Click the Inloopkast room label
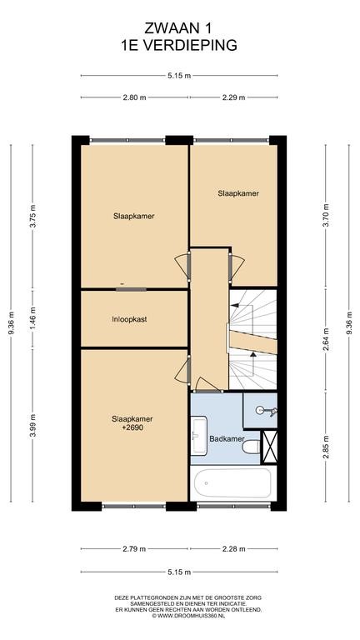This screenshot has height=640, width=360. click(129, 320)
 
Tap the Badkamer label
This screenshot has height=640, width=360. click(227, 439)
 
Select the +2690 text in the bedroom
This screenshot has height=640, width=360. click(132, 428)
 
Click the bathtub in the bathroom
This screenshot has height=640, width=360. click(233, 482)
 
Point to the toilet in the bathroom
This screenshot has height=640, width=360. click(251, 447)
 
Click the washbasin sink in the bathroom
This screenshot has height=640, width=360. click(199, 435)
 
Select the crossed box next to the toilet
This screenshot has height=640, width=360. click(269, 447)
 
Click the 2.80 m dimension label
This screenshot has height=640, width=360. click(134, 97)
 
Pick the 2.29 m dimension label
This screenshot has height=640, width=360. click(234, 97)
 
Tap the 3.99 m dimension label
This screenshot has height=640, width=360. click(33, 425)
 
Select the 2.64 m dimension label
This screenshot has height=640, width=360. click(326, 340)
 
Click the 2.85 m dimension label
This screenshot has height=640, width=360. click(326, 447)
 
